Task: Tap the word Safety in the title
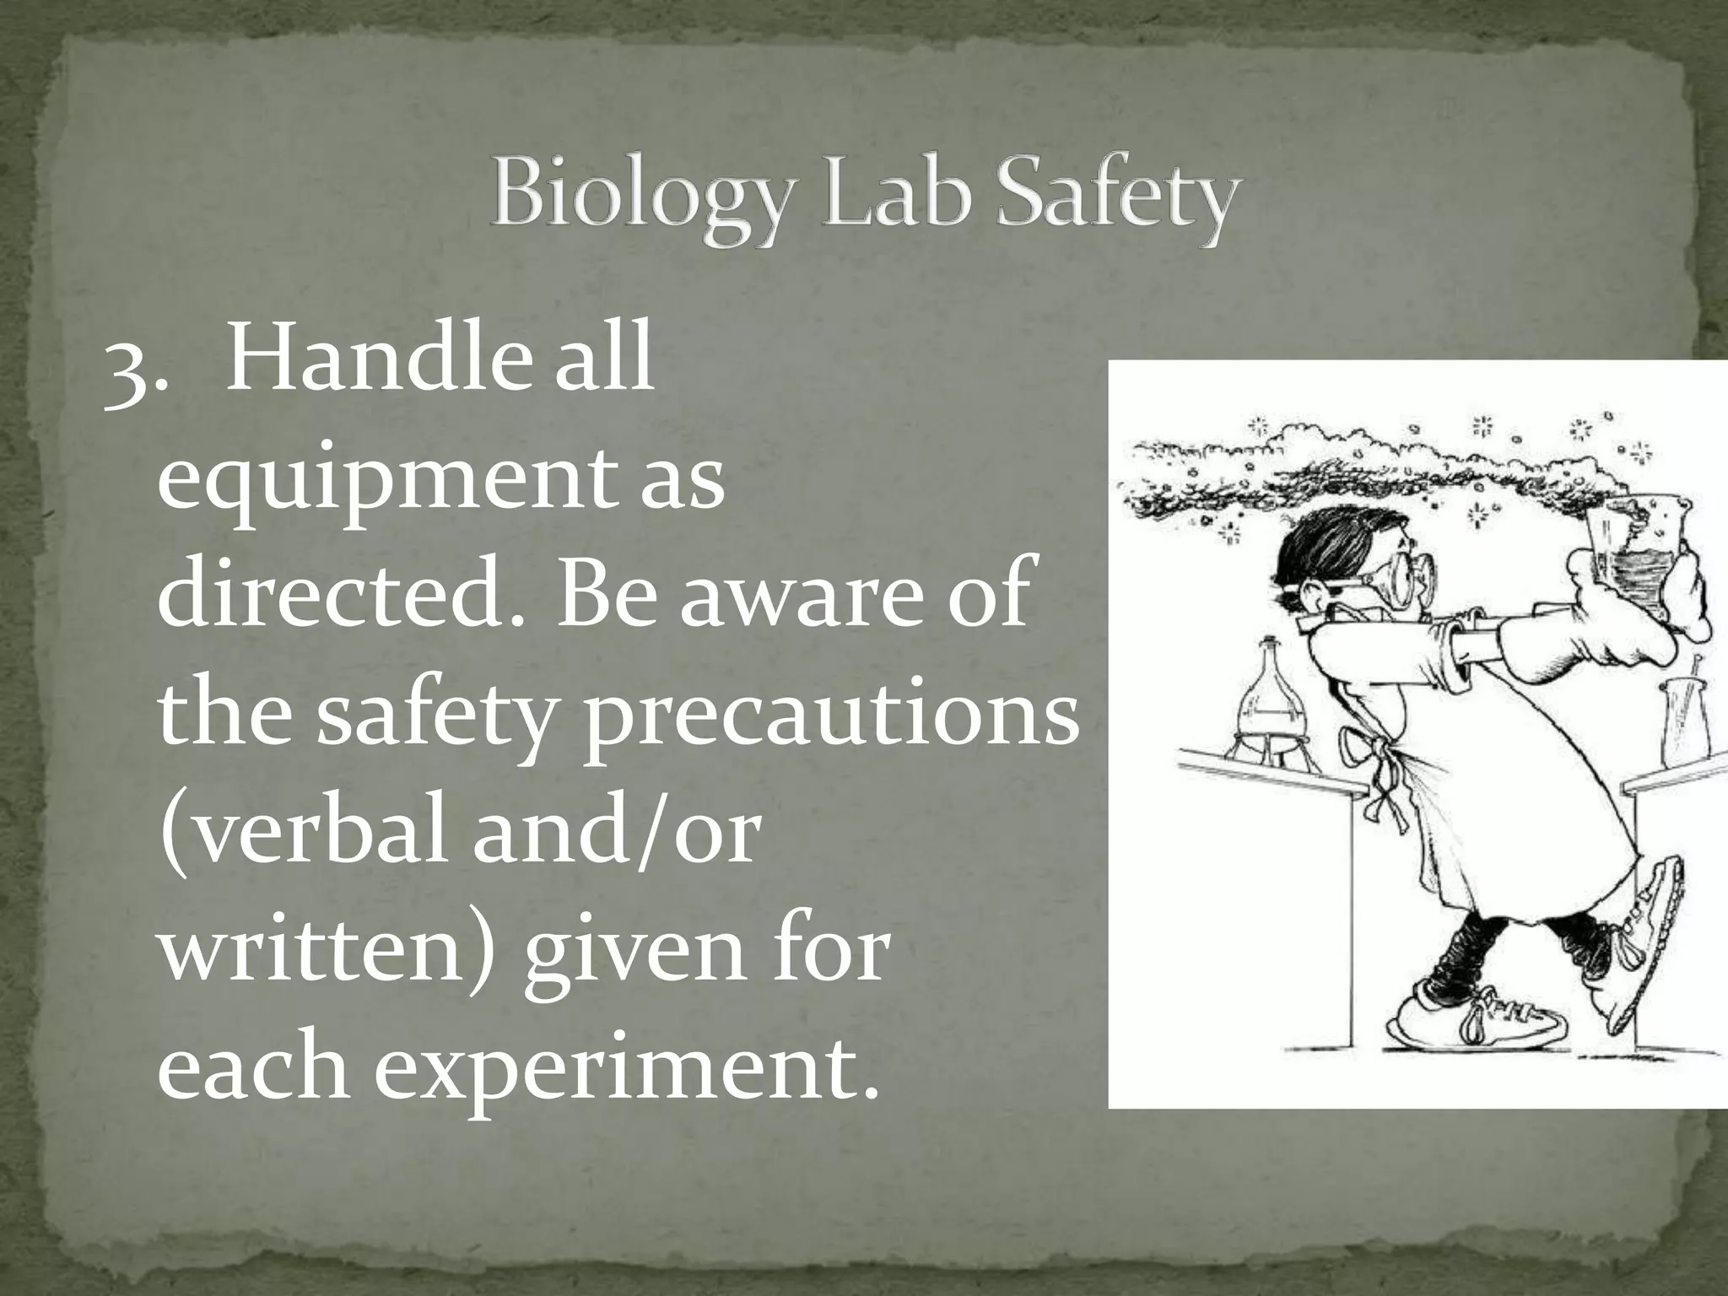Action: point(1117,197)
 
